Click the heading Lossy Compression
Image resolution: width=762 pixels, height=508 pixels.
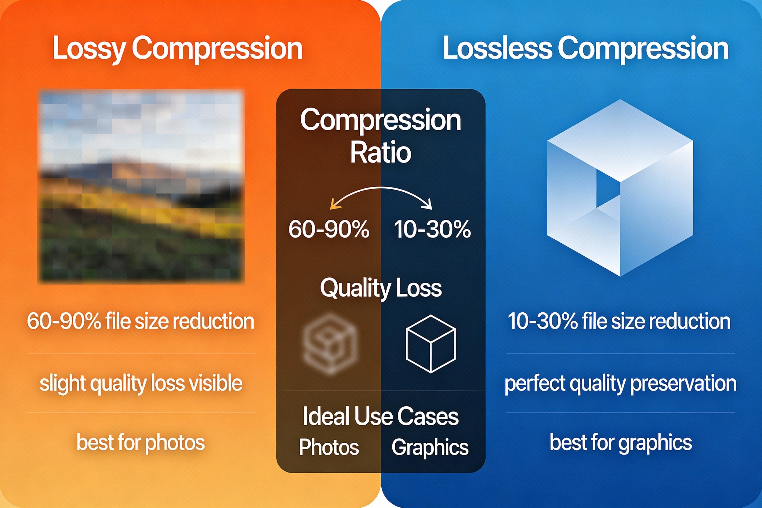(x=178, y=49)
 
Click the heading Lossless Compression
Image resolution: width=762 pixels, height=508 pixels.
(x=586, y=49)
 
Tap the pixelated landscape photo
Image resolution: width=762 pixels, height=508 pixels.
(x=141, y=186)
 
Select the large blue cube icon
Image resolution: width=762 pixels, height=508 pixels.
(x=620, y=188)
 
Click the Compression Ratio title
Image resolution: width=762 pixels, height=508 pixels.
(x=381, y=136)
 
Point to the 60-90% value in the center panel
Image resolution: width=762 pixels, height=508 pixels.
(x=329, y=229)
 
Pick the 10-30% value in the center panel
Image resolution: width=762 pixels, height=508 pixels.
(x=432, y=229)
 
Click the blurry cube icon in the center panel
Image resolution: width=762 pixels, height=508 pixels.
(x=330, y=344)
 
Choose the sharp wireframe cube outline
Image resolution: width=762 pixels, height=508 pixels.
(x=431, y=344)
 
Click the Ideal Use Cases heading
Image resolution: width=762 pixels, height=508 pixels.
(x=381, y=416)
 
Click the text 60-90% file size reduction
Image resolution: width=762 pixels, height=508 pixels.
(x=141, y=321)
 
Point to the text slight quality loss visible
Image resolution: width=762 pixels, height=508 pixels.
(x=141, y=383)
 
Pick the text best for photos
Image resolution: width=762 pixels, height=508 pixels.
(x=141, y=443)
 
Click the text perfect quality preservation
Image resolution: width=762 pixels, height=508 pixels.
(x=620, y=383)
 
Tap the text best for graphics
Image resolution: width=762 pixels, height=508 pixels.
(x=621, y=443)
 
